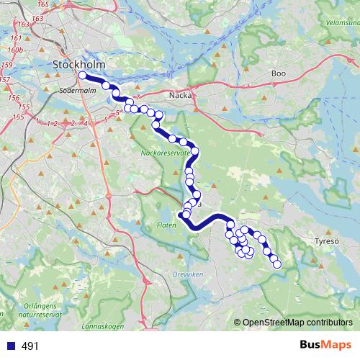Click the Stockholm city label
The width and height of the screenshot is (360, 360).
[79, 65]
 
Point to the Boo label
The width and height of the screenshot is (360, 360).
[278, 73]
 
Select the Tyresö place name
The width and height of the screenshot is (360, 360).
[326, 242]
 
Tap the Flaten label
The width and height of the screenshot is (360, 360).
[166, 224]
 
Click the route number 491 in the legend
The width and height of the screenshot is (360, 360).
[30, 346]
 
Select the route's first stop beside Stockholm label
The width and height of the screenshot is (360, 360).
[82, 75]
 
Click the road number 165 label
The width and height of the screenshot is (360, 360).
[42, 5]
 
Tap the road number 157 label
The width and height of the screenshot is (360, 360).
[4, 78]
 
